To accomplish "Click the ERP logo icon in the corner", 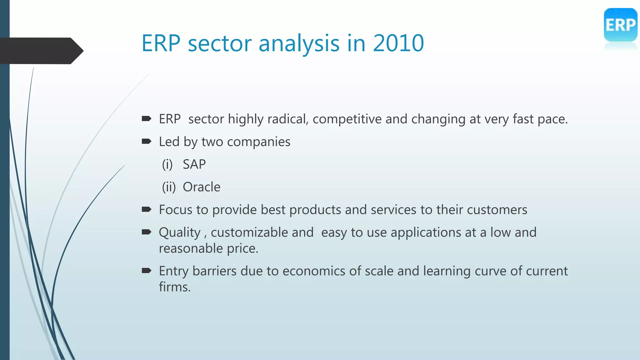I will tap(620, 25).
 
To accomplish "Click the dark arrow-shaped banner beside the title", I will tap(41, 51).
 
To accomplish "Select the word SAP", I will tap(194, 164).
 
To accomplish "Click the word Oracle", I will tap(202, 187).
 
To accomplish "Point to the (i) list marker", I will tap(167, 164).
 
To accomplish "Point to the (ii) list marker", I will tap(169, 187).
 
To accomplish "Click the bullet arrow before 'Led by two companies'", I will tap(147, 142).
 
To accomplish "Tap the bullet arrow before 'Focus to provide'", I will tap(147, 209).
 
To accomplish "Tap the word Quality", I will tap(179, 232).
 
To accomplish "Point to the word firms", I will tap(174, 287).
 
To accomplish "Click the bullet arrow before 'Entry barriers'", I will tap(147, 271).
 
